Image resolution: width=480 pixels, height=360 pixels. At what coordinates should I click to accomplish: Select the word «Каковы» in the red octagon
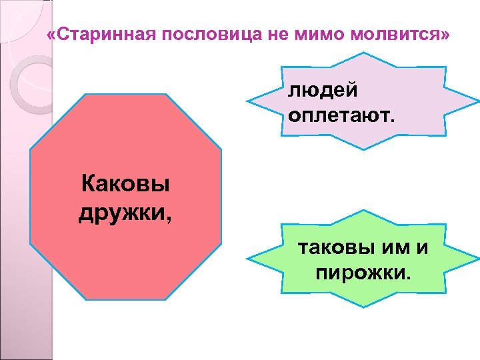tap(125, 182)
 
